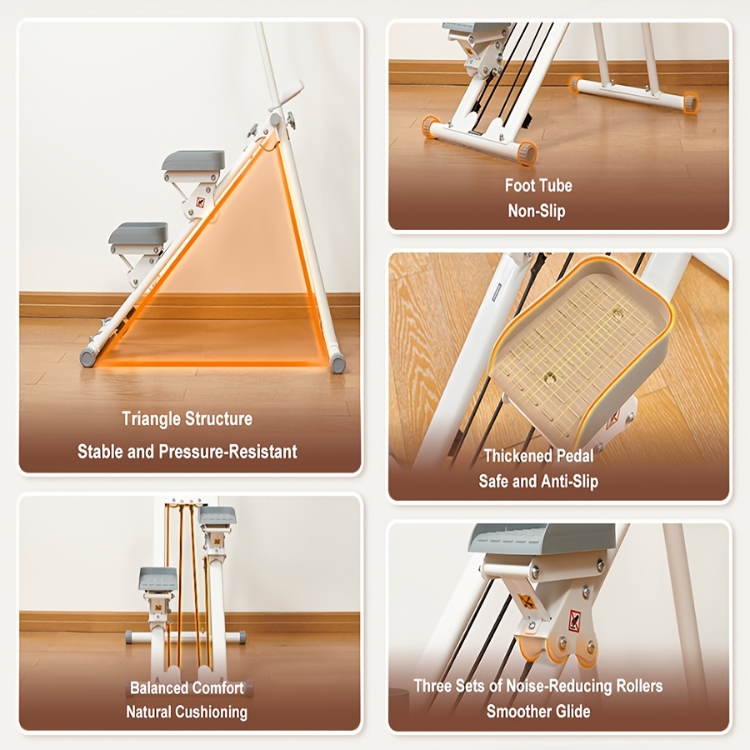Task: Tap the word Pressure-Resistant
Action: point(228,452)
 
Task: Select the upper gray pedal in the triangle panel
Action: point(193,161)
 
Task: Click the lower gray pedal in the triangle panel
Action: point(138,232)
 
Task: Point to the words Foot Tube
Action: point(538,186)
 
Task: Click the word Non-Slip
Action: point(537,211)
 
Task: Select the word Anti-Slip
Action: point(570,481)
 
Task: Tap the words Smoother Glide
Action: point(538,712)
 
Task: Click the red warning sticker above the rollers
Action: point(574,620)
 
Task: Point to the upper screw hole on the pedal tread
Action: point(617,313)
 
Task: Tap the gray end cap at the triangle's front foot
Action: point(87,357)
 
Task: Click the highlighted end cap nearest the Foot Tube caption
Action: point(527,152)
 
